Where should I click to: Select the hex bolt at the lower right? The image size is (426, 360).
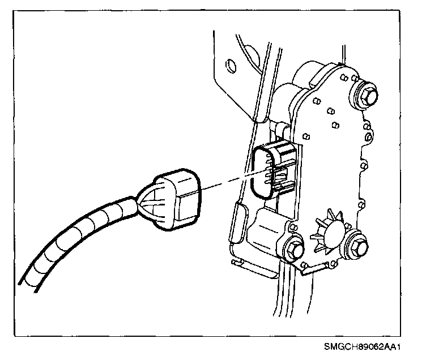[358, 245]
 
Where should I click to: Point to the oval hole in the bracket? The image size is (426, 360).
[230, 67]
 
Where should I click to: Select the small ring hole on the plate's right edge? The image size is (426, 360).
[369, 138]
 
